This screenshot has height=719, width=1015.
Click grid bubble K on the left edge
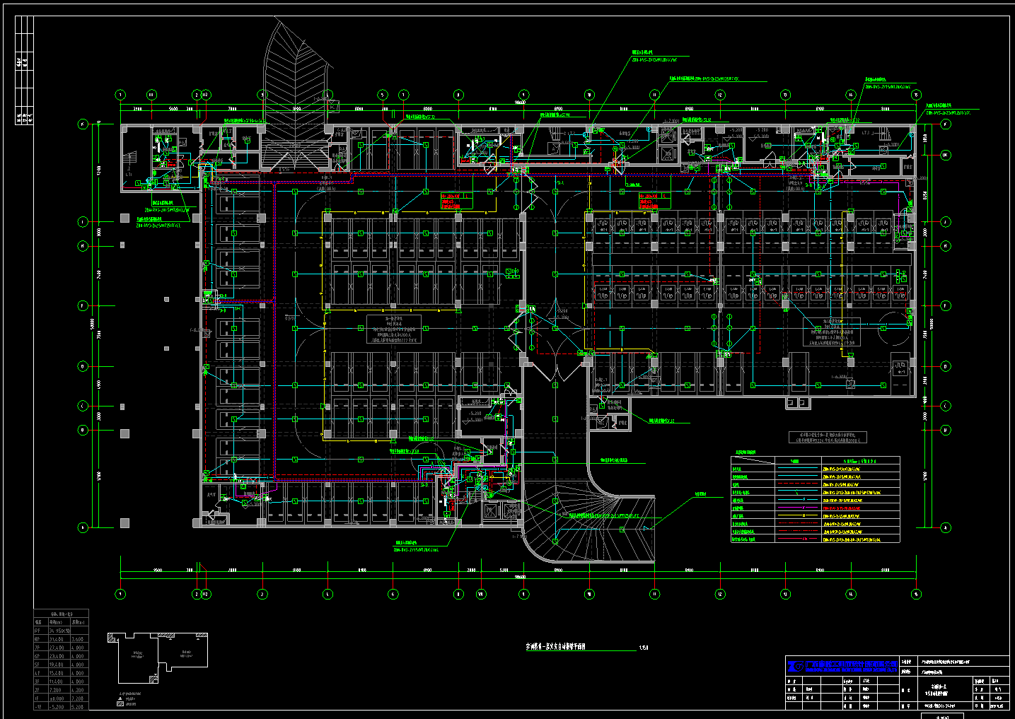click(x=83, y=124)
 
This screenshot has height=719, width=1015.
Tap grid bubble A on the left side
click(x=83, y=527)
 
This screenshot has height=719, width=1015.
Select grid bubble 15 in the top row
click(x=916, y=95)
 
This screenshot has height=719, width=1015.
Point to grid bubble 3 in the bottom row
click(x=262, y=594)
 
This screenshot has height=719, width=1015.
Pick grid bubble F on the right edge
click(x=946, y=305)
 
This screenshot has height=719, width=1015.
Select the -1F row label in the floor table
click(x=37, y=707)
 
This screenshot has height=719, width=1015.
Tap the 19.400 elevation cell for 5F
click(x=57, y=665)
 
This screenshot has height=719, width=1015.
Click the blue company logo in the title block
click(x=796, y=666)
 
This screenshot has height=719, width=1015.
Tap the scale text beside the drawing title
click(x=643, y=647)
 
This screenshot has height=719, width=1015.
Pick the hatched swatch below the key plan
click(x=120, y=703)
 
